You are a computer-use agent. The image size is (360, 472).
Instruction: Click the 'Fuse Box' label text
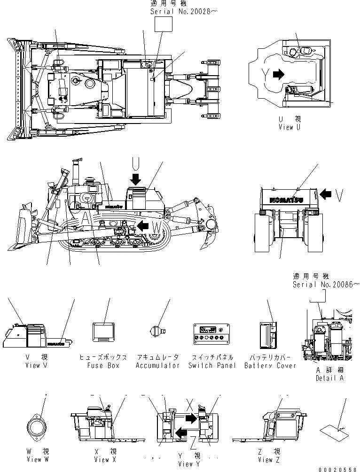pyautogui.click(x=103, y=365)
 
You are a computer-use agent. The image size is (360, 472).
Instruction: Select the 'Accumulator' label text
pyautogui.click(x=158, y=365)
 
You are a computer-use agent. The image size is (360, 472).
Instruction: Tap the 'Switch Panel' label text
pyautogui.click(x=212, y=365)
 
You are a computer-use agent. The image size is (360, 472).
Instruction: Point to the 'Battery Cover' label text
pyautogui.click(x=270, y=365)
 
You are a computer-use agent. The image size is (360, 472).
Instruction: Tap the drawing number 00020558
pyautogui.click(x=337, y=469)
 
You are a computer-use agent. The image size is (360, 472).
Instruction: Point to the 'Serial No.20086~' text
pyautogui.click(x=326, y=284)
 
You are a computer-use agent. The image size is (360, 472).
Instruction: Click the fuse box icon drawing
pyautogui.click(x=103, y=333)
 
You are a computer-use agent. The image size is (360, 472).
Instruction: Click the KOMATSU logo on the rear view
pyautogui.click(x=287, y=200)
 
